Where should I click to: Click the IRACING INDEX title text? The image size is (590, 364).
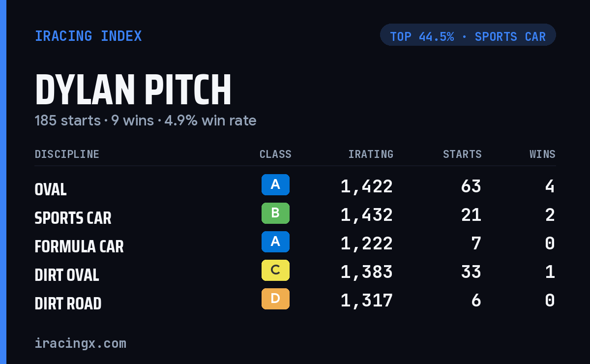(88, 36)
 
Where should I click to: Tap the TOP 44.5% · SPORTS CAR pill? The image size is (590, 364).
(468, 35)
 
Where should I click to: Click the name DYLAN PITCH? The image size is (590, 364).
(133, 90)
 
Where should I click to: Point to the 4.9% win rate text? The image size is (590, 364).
(210, 121)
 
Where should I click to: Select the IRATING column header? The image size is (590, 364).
(371, 154)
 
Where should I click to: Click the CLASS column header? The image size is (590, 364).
(275, 154)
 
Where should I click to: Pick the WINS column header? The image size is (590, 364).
(542, 154)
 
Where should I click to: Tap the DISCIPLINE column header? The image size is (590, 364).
(67, 154)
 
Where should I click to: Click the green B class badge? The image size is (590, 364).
(275, 213)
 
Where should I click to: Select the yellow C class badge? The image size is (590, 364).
(275, 270)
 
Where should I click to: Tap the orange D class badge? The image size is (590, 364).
(275, 299)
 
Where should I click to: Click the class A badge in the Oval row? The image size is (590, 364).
(275, 185)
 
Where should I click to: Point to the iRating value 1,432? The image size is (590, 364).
(367, 215)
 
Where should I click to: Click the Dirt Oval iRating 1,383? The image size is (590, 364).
(367, 272)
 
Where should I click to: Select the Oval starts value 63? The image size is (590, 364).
(471, 186)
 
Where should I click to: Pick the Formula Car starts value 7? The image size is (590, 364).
(476, 243)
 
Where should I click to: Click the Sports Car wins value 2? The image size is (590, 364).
(550, 215)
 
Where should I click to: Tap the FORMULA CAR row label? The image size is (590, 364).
(79, 247)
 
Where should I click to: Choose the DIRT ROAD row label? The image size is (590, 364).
(68, 303)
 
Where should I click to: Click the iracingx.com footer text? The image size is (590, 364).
(81, 343)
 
